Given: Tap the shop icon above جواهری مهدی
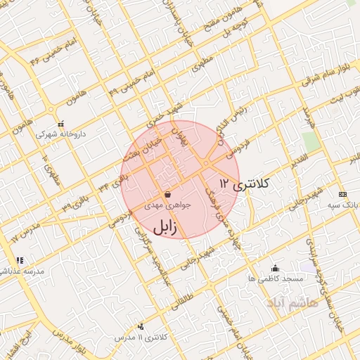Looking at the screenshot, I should [167, 195].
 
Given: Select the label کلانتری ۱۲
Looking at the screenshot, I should [243, 184].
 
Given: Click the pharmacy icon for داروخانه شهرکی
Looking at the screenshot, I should [60, 124].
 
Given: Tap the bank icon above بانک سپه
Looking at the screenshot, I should [342, 194].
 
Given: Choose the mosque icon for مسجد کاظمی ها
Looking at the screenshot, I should [275, 268].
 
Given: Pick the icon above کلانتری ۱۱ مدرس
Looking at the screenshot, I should [141, 326].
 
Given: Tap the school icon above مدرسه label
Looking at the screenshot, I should [20, 260].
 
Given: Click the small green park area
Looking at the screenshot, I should [311, 141].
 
